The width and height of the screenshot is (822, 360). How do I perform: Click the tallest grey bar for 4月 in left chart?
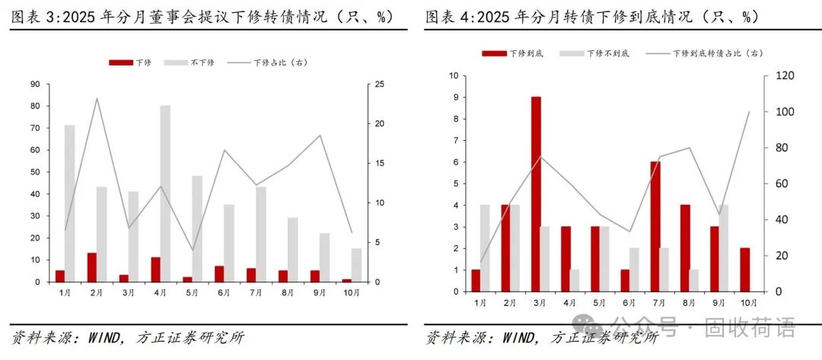click(x=165, y=193)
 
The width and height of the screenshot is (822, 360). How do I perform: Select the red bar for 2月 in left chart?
click(x=92, y=267)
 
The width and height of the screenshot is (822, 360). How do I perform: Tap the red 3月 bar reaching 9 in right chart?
click(x=536, y=194)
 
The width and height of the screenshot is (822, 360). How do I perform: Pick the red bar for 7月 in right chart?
click(x=655, y=226)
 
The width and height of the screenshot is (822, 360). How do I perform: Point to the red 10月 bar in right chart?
click(x=744, y=269)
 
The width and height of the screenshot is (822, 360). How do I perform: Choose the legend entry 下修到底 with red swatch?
click(x=512, y=53)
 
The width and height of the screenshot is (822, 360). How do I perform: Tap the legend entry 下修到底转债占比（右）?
click(x=704, y=53)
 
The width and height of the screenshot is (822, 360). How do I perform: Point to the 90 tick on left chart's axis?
click(x=35, y=84)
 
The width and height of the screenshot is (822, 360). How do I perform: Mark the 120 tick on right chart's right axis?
click(x=785, y=76)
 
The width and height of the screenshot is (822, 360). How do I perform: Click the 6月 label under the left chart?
click(x=224, y=292)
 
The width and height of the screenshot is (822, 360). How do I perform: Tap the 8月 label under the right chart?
click(x=689, y=302)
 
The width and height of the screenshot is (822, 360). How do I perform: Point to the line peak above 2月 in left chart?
click(x=97, y=98)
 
